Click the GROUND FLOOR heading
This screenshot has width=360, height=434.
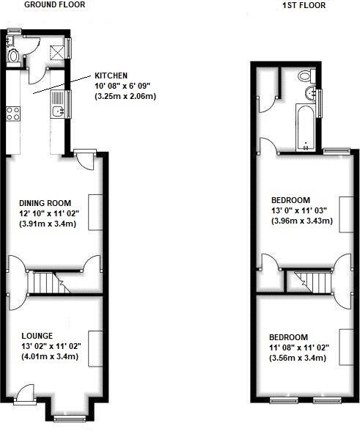pyautogui.click(x=55, y=4)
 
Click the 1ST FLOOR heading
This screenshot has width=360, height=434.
pyautogui.click(x=303, y=5)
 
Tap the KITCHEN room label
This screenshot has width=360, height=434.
pyautogui.click(x=111, y=76)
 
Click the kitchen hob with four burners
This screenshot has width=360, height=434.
pyautogui.click(x=13, y=113)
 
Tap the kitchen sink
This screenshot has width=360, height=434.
pyautogui.click(x=59, y=112)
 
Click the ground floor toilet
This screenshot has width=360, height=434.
pyautogui.click(x=13, y=55)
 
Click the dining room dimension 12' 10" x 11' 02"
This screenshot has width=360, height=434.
pyautogui.click(x=48, y=213)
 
